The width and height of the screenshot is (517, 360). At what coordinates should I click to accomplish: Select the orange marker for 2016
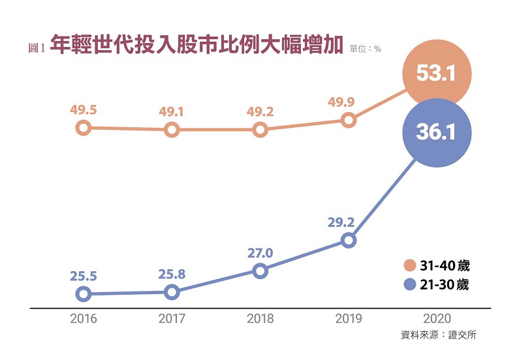click(83, 127)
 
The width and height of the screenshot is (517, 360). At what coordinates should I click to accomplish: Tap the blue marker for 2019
click(349, 241)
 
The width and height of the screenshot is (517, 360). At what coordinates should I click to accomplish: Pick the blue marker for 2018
click(260, 271)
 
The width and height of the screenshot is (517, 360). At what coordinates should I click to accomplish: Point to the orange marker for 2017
click(172, 130)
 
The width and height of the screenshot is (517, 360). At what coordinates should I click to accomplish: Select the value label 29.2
click(341, 222)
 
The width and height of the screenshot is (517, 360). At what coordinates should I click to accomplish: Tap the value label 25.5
click(84, 276)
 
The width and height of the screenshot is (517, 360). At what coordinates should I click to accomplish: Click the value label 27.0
click(260, 252)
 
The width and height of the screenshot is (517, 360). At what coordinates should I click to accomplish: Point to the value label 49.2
click(260, 111)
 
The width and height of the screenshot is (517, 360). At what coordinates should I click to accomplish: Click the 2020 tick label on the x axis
click(437, 319)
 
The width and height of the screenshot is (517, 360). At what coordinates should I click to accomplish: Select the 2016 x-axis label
click(83, 319)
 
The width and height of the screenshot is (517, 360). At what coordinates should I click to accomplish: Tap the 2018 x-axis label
click(260, 319)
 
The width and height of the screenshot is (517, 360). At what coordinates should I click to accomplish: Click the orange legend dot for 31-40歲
click(410, 265)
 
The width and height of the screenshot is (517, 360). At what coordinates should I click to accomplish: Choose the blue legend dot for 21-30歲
click(410, 284)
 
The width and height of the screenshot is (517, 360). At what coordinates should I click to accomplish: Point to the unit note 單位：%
click(366, 48)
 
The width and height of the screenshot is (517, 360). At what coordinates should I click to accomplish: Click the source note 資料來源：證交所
click(443, 335)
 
